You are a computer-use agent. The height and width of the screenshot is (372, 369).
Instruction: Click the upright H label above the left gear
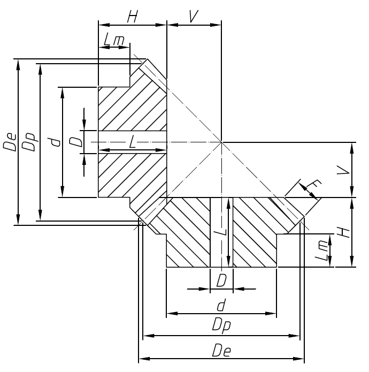pos(132,16)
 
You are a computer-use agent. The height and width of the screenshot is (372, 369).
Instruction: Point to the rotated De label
pos(11,143)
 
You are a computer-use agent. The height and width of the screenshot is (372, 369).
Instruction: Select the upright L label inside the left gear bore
pos(132,142)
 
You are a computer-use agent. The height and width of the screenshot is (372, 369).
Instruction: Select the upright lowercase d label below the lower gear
pos(220,305)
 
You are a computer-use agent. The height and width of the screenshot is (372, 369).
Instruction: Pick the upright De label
pos(220,351)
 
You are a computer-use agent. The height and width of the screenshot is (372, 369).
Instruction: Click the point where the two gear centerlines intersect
pos(221,142)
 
